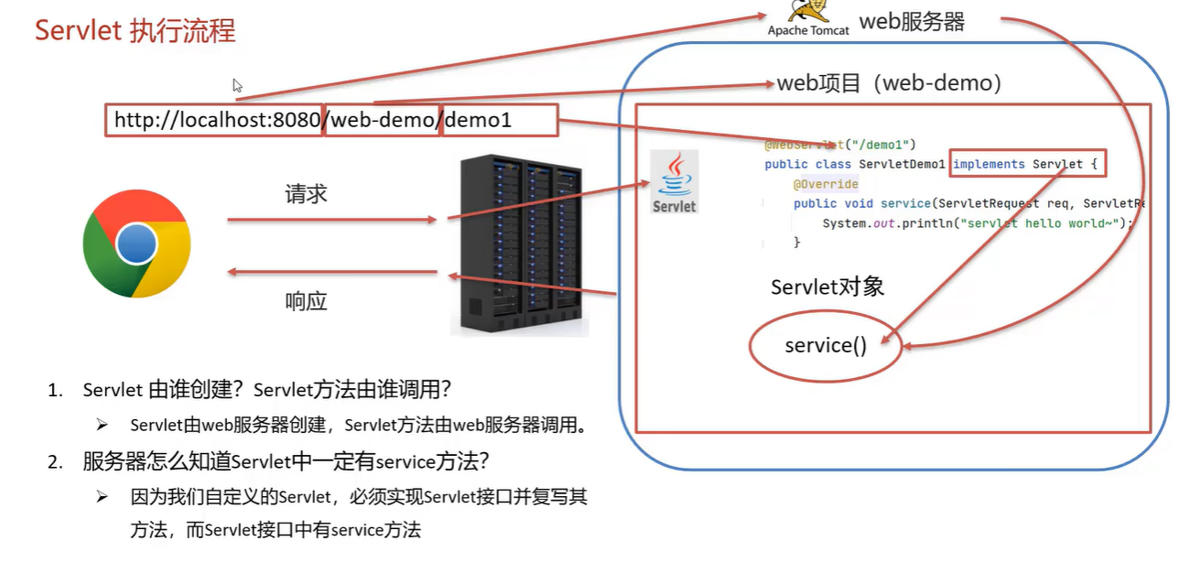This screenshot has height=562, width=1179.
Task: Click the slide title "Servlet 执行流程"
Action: click(x=135, y=30)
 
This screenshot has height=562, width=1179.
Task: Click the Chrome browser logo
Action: click(x=136, y=244)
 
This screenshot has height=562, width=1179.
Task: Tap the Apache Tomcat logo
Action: click(x=808, y=18)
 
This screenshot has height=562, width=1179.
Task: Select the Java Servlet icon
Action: click(x=674, y=182)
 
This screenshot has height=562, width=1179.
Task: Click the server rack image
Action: click(x=519, y=244)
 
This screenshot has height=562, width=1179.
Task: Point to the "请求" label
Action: click(x=306, y=194)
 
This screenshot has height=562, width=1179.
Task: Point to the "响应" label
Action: click(x=306, y=301)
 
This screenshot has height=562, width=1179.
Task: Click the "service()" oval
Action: click(x=825, y=346)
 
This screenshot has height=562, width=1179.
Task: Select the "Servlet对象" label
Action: click(x=827, y=286)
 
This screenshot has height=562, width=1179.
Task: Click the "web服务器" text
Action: click(x=912, y=22)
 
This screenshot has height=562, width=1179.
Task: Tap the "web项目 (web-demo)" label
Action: click(x=889, y=83)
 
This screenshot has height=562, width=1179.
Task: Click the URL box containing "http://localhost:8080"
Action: click(x=215, y=120)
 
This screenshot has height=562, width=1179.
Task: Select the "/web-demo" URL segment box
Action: click(x=383, y=120)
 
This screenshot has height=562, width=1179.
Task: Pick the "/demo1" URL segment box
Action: click(x=499, y=120)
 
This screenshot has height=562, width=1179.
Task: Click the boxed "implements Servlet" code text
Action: click(x=1028, y=164)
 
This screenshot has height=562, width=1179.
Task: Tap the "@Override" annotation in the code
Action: click(x=826, y=184)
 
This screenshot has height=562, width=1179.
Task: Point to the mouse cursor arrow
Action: click(x=237, y=85)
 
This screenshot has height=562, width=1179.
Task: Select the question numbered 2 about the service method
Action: click(x=290, y=461)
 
